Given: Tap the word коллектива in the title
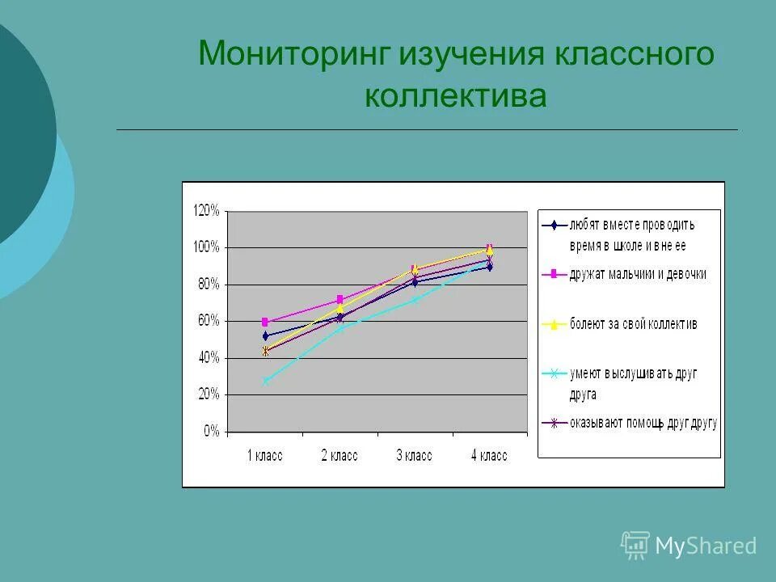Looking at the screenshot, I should [455, 95].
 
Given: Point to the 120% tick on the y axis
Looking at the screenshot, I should [205, 210].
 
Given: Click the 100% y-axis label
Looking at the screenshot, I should [205, 247].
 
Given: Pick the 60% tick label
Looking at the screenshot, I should [208, 321].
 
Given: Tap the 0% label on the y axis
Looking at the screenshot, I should [211, 432].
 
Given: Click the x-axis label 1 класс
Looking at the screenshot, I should [264, 456].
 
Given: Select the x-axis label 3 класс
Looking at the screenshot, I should [414, 456].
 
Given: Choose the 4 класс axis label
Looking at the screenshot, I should [488, 456].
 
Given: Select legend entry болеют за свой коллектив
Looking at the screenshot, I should [633, 323].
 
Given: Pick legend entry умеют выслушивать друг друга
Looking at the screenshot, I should [633, 383].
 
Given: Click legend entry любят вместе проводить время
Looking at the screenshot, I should [631, 234].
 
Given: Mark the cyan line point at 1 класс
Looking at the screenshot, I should [265, 381].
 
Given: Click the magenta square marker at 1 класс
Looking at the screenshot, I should [265, 322].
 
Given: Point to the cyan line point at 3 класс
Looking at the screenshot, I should [415, 300].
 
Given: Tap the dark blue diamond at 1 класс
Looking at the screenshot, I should [265, 335].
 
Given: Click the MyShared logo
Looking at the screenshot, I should [689, 546].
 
